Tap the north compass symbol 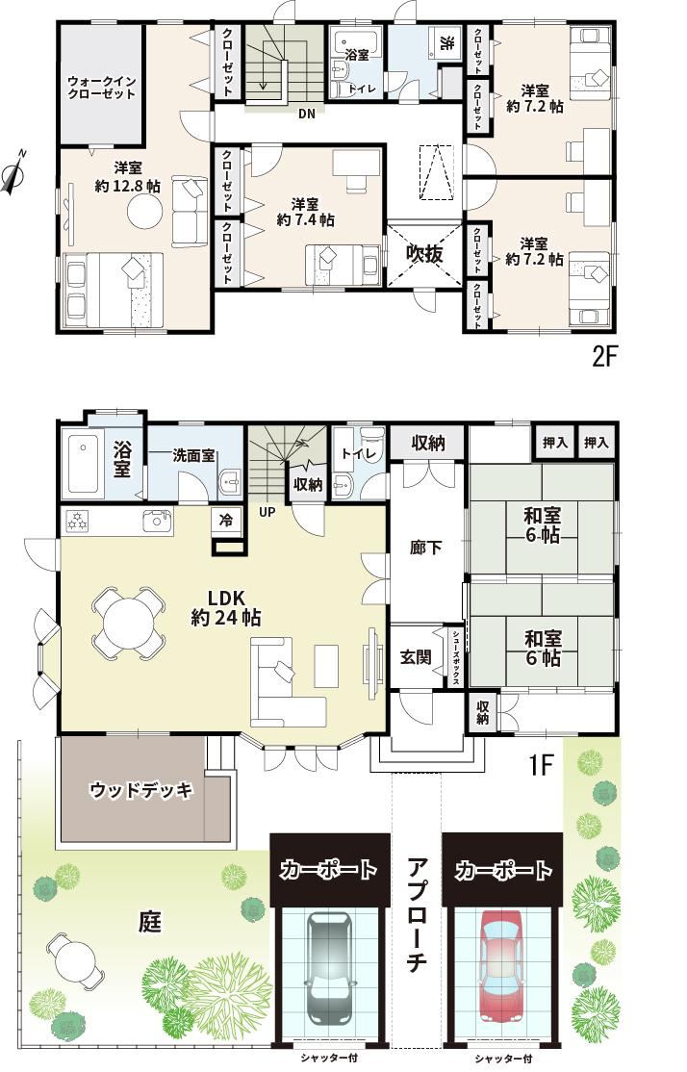click(13, 171)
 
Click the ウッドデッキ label click(141, 790)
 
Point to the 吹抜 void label click(425, 254)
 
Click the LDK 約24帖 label click(226, 608)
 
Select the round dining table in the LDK click(129, 623)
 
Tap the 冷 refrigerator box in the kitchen click(226, 521)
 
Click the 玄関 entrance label click(416, 657)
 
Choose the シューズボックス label click(456, 657)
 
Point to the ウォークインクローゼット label click(101, 88)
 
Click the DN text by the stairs click(307, 115)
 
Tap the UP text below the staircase click(267, 511)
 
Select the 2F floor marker click(604, 357)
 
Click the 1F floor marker click(540, 764)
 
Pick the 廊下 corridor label click(426, 548)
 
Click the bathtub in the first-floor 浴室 click(84, 463)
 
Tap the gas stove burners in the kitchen click(77, 522)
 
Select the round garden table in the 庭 click(75, 961)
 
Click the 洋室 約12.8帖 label click(128, 176)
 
